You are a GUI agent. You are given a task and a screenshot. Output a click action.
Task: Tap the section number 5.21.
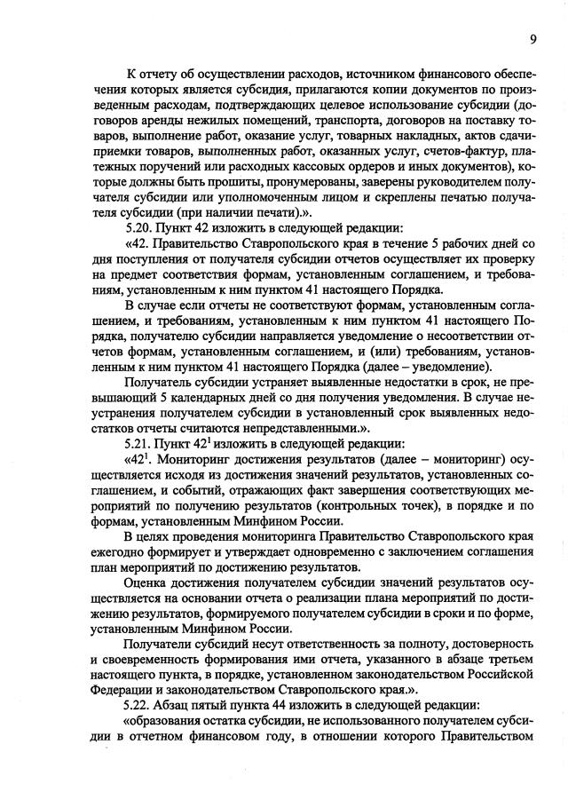140,443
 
